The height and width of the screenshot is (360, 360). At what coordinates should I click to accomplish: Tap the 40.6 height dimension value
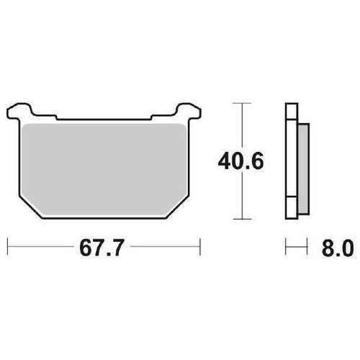click(240, 161)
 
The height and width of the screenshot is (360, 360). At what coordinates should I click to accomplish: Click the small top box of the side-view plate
click(292, 111)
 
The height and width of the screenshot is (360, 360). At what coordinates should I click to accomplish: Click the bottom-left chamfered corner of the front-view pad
click(32, 210)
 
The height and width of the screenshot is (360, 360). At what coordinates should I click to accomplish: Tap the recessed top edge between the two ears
click(104, 118)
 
